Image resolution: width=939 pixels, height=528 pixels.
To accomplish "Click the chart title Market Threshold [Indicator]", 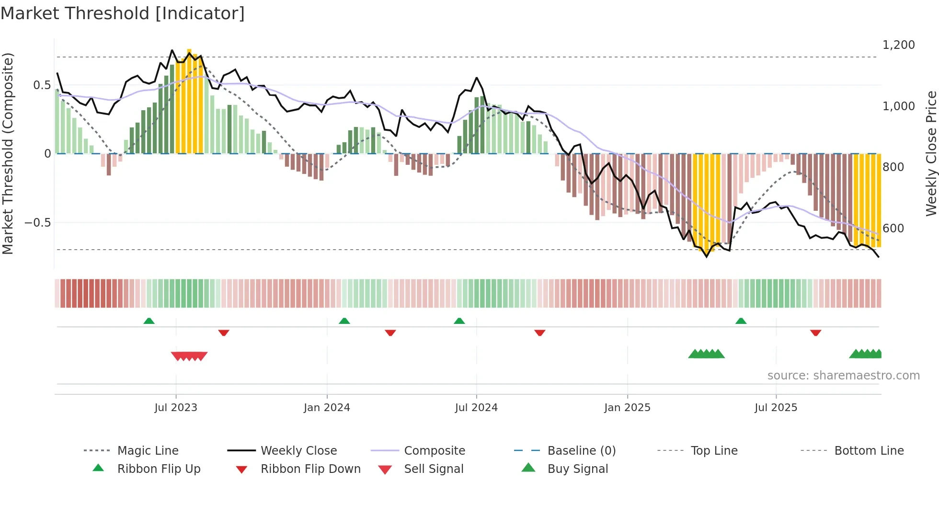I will pos(123,13).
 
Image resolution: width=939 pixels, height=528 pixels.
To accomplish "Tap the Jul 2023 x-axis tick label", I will pos(176,408).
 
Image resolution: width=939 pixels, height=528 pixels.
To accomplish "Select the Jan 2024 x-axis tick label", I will pos(327,408).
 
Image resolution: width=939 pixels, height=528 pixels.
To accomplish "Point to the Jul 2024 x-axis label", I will pos(476,408).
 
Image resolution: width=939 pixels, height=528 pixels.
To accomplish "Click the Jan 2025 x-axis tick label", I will pos(627,408).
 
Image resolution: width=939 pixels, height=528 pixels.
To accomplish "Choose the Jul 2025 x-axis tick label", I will pos(776,408).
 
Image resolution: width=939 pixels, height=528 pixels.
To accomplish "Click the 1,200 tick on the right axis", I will pos(898,45).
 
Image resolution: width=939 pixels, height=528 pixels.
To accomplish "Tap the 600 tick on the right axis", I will pos(893,229).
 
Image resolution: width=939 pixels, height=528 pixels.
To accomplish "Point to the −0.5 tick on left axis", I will pos(37,223).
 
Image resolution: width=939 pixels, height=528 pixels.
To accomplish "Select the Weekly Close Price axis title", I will pos(931,153).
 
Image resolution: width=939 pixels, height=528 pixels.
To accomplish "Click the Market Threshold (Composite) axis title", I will pos(8,153).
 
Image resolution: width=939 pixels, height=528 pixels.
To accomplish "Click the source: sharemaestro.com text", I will pos(843,376).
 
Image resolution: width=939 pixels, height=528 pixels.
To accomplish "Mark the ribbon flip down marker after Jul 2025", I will pos(815,333).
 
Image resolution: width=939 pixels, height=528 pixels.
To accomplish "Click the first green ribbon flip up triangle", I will pos(149,321).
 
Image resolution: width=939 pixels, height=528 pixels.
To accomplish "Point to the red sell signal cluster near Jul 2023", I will pos(189,356).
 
